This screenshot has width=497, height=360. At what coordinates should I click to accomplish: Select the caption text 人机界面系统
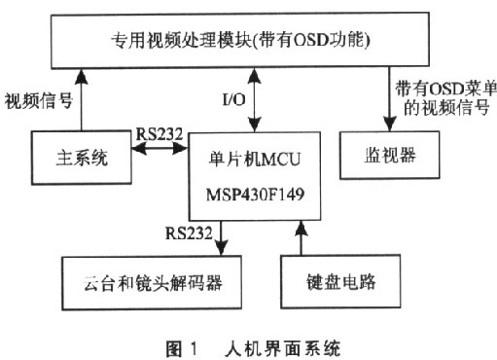pos(291,345)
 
